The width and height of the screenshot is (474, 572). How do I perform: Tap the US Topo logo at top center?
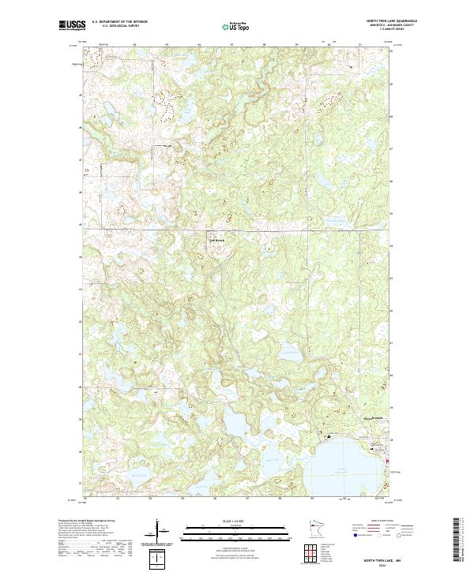pyautogui.click(x=236, y=27)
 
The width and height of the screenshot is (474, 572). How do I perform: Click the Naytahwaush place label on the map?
pyautogui.click(x=371, y=417)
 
